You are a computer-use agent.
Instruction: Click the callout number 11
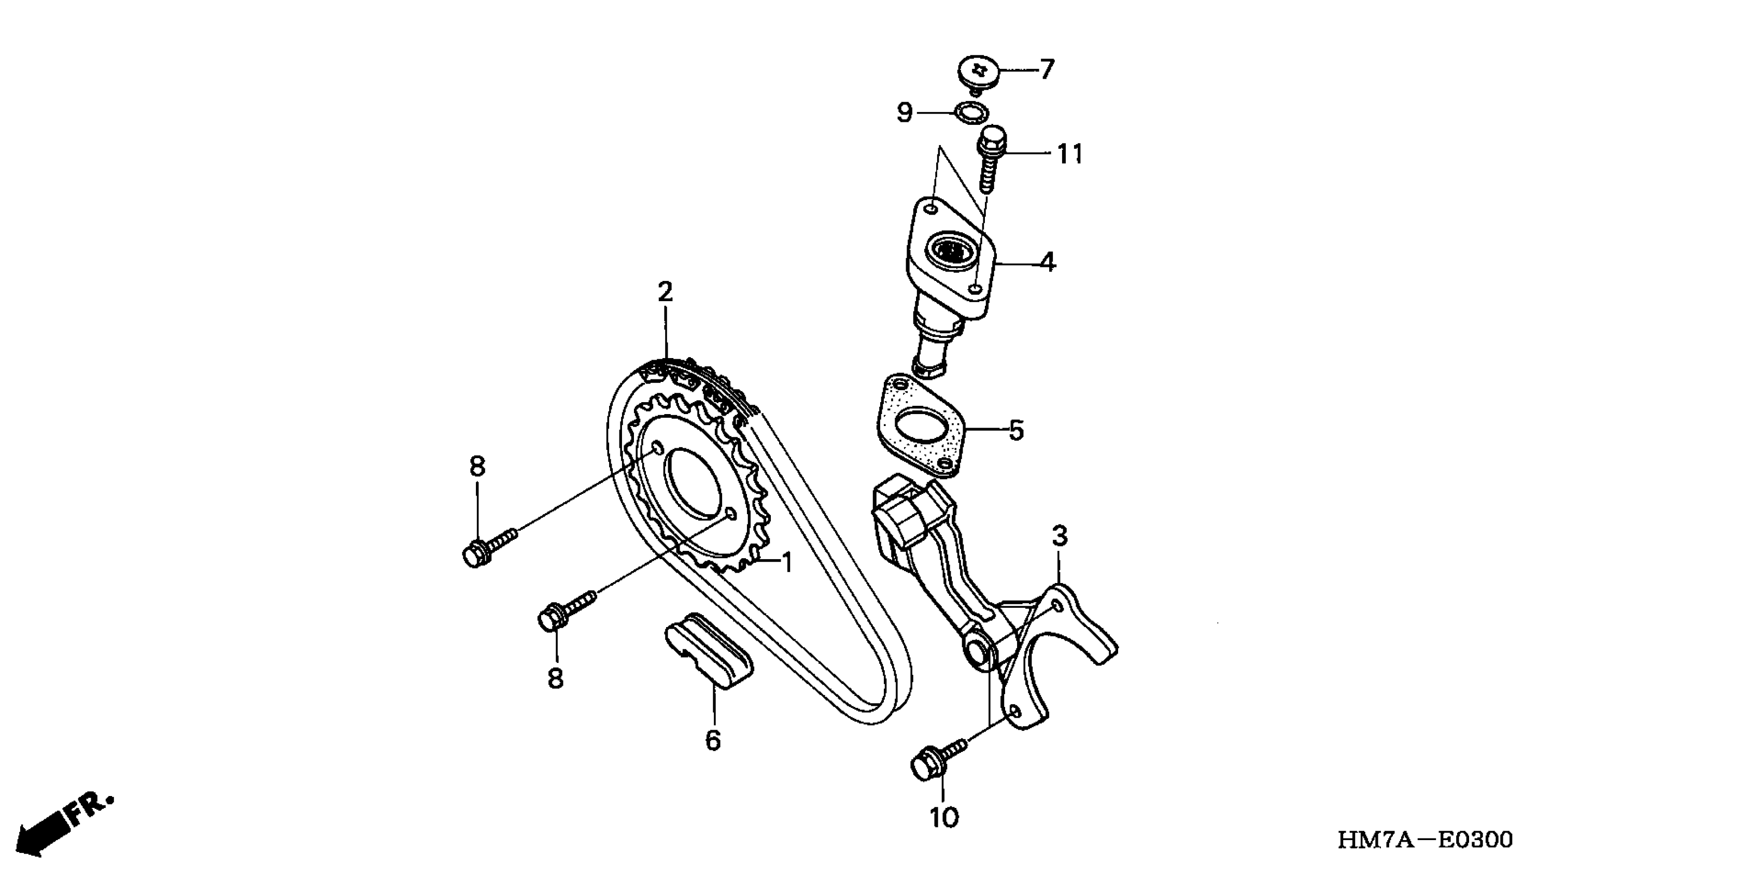pyautogui.click(x=1069, y=155)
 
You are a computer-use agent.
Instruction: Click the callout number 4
pyautogui.click(x=1048, y=262)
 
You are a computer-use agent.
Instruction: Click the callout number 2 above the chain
pyautogui.click(x=665, y=292)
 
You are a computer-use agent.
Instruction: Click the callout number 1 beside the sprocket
pyautogui.click(x=787, y=563)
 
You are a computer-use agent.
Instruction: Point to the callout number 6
pyautogui.click(x=713, y=741)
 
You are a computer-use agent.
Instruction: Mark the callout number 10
pyautogui.click(x=943, y=817)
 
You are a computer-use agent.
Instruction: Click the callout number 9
pyautogui.click(x=905, y=112)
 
